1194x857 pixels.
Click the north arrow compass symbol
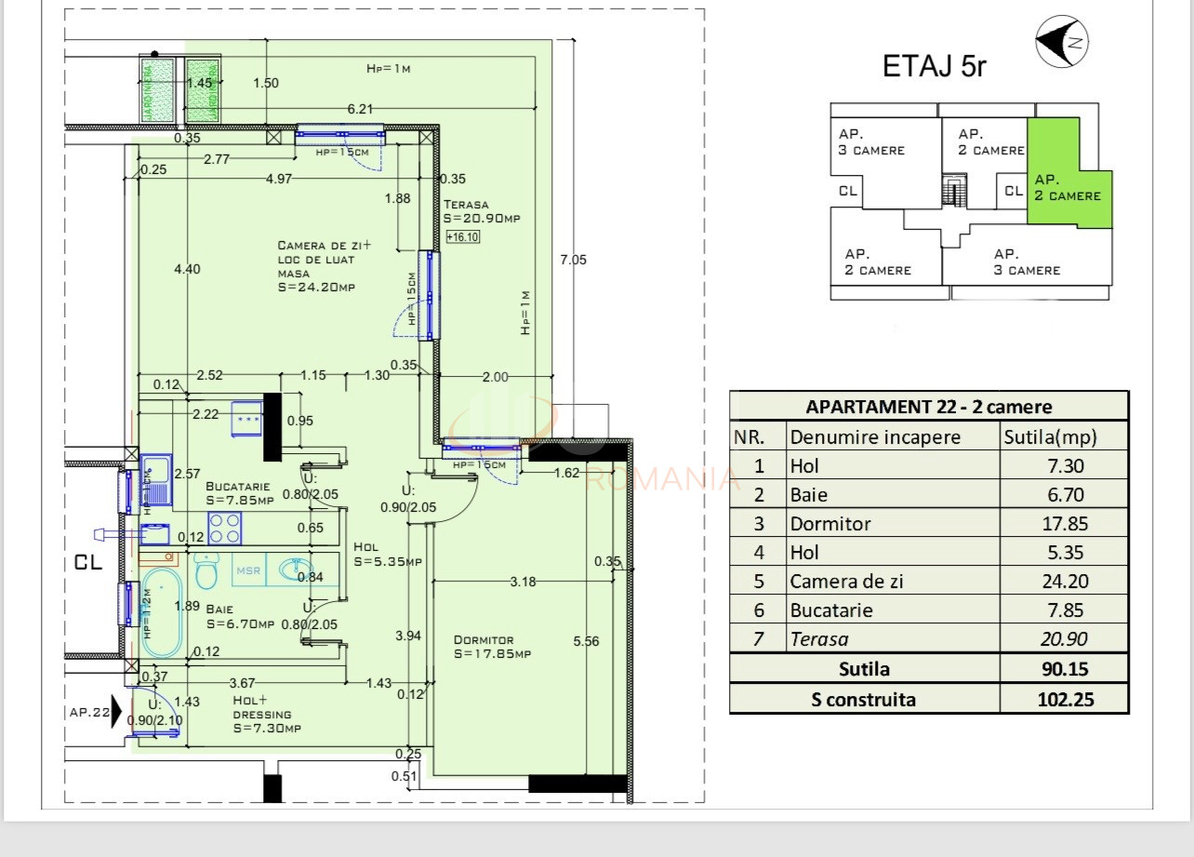[x=1063, y=43]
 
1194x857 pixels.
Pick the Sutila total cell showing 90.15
[x=1064, y=669]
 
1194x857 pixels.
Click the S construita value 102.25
[x=1064, y=700]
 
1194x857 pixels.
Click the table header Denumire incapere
[x=874, y=437]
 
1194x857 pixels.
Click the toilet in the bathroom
[x=206, y=569]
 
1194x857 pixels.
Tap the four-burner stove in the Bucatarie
[x=224, y=529]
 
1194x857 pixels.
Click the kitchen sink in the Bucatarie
[x=156, y=480]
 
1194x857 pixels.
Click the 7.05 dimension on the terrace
[x=572, y=261]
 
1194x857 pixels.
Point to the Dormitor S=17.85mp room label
[x=491, y=647]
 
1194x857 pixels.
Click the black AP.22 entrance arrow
[x=116, y=713]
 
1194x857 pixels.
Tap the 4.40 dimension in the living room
[x=187, y=270]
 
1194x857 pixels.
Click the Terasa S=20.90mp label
[x=481, y=211]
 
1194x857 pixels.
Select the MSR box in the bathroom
[x=247, y=570]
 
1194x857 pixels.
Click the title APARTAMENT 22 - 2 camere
[x=928, y=407]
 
